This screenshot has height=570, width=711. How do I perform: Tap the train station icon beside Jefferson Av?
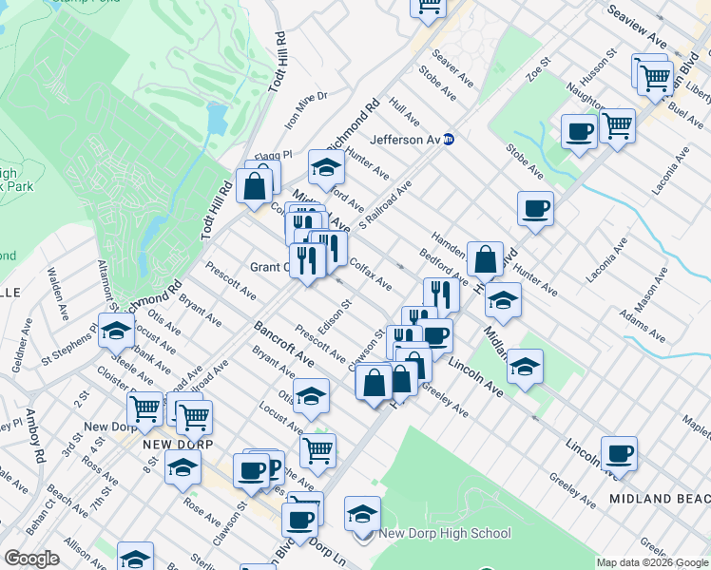point(450,139)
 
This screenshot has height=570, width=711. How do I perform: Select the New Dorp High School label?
point(445,534)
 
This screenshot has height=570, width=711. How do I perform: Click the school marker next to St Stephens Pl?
point(116,332)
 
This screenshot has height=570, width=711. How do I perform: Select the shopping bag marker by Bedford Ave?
point(485,259)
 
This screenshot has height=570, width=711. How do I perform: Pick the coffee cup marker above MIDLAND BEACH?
point(619,454)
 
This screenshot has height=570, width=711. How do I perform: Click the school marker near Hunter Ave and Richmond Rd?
point(326,167)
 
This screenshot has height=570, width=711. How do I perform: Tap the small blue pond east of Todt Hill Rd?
point(218,119)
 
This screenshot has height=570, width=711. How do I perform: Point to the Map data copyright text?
point(651,562)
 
